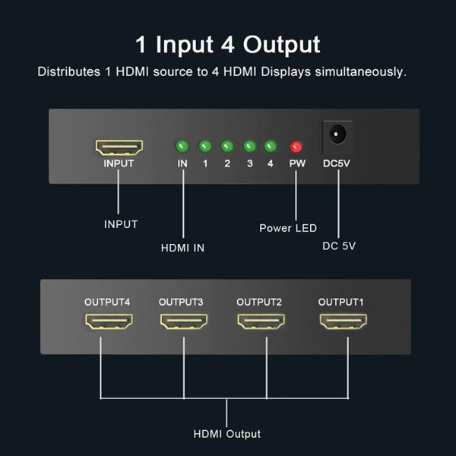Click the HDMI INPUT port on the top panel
coord(119,147)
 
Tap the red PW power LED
coord(296,147)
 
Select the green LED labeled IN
coord(182,146)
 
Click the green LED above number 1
coord(204,146)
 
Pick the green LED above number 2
coord(226,146)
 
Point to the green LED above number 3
coord(249,146)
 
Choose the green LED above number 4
coord(270,146)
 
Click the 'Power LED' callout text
coord(288,228)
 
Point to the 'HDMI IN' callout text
coord(182,248)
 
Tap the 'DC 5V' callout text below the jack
coord(339,246)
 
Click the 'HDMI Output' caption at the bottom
coord(227,434)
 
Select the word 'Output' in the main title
coord(280,43)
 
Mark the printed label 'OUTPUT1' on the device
coord(340,302)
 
